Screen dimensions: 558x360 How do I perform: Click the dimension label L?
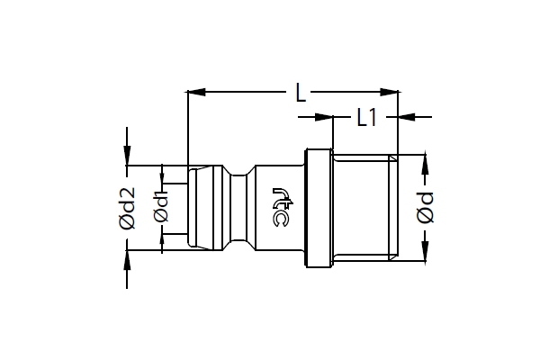(x=301, y=93)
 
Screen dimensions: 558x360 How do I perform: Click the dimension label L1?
(x=367, y=117)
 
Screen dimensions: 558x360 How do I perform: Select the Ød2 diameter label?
(x=127, y=208)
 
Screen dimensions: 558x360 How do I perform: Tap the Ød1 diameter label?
(x=161, y=206)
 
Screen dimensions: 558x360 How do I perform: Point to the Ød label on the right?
(x=425, y=208)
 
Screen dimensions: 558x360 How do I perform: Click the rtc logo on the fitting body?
(x=283, y=207)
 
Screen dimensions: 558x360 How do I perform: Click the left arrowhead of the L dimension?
(x=196, y=92)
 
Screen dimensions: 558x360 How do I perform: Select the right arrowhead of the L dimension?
(x=389, y=92)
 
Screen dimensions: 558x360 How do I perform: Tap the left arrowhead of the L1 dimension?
(x=324, y=117)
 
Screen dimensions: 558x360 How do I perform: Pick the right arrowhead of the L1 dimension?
(x=407, y=117)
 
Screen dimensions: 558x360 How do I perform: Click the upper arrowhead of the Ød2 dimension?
(x=127, y=156)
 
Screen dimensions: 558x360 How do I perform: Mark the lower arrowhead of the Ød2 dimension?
(x=127, y=260)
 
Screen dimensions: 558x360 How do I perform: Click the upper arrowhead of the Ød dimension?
(x=425, y=165)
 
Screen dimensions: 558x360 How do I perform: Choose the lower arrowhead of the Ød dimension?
(x=425, y=251)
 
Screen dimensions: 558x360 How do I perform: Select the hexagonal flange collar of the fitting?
(x=319, y=208)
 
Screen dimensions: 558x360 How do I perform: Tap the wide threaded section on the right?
(x=365, y=208)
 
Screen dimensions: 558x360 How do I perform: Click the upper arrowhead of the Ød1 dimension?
(x=162, y=176)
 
